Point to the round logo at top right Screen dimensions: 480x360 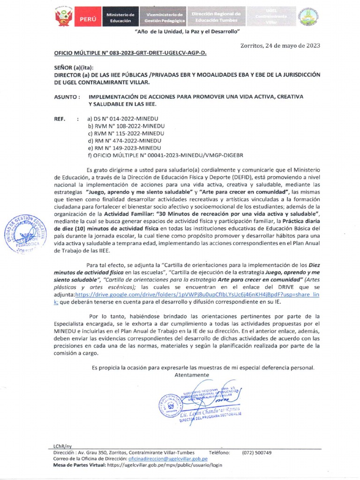click(x=311, y=18)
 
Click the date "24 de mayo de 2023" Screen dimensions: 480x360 click(x=290, y=45)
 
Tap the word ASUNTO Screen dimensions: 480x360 click(x=67, y=96)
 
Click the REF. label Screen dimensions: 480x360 click(x=60, y=119)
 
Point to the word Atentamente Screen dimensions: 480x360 click(x=191, y=375)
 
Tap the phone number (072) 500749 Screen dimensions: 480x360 click(x=256, y=453)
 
